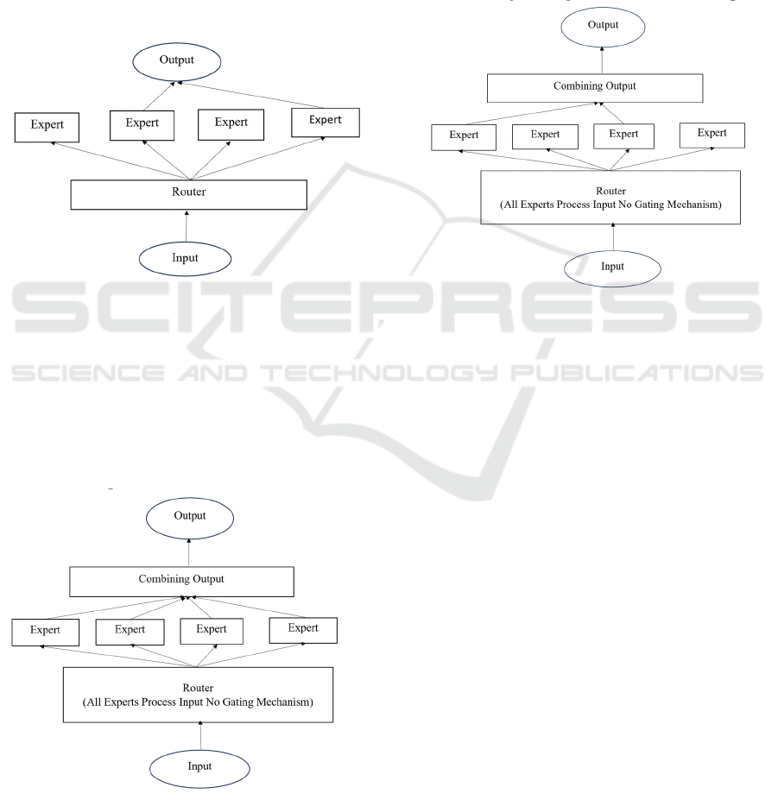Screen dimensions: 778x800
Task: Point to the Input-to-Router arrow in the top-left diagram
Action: point(187,226)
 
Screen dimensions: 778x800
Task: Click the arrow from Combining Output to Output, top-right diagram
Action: point(602,60)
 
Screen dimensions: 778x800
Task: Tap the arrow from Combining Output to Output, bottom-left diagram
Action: point(189,552)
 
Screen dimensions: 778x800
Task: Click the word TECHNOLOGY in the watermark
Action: point(379,373)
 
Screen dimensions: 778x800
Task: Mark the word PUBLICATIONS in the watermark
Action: point(637,373)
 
